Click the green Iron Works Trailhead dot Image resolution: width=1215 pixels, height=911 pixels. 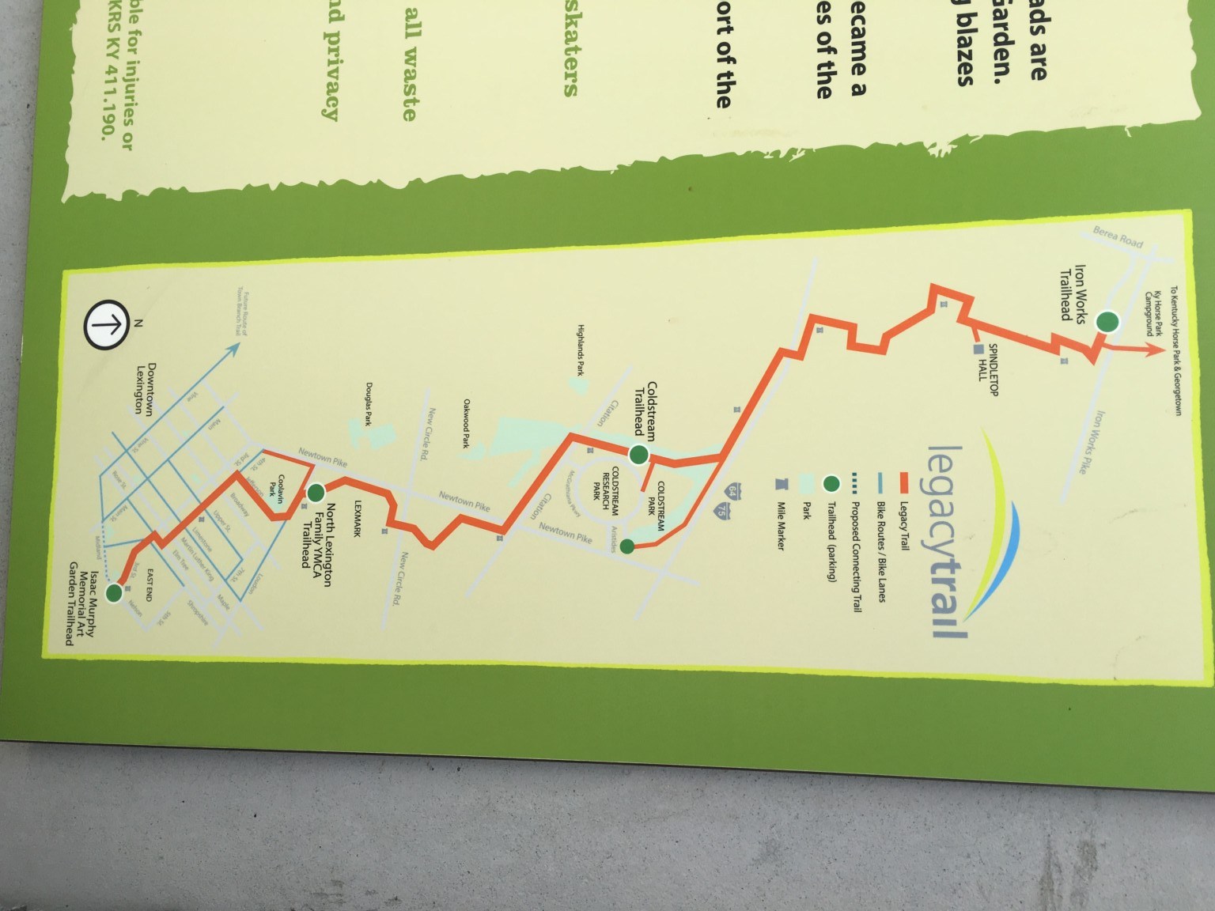click(1108, 322)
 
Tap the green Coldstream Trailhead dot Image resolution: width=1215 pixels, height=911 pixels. click(638, 455)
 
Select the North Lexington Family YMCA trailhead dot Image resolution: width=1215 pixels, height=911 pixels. click(316, 493)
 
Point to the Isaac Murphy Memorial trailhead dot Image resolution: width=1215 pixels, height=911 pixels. click(115, 592)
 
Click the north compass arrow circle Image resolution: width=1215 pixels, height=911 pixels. click(106, 323)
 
